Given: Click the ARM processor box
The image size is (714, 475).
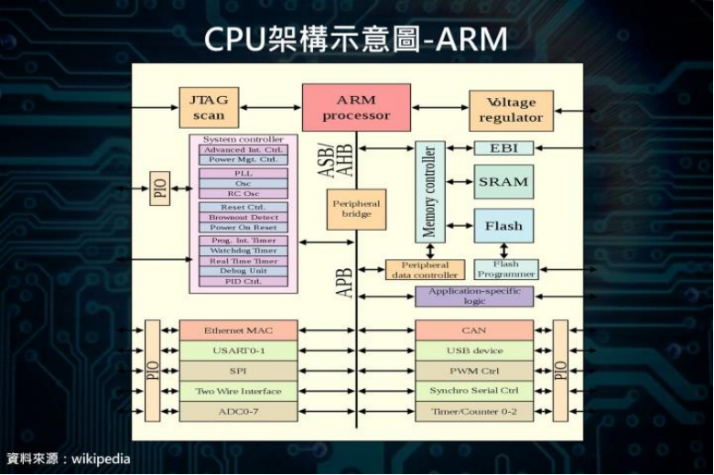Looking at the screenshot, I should (355, 107).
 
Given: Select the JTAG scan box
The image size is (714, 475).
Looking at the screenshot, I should (208, 107).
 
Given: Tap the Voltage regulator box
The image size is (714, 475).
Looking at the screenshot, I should (511, 111).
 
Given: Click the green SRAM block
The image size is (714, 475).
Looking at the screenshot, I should (503, 181).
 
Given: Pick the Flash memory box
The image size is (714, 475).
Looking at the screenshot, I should (503, 226).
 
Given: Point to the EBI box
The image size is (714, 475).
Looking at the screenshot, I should (503, 147).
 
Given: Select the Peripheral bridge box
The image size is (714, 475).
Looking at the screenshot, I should (355, 209).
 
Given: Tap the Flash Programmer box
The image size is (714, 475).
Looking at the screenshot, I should (505, 269).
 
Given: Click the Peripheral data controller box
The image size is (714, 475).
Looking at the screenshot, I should (424, 270).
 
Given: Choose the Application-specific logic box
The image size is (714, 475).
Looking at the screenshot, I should (473, 296).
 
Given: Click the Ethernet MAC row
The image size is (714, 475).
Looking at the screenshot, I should (238, 330).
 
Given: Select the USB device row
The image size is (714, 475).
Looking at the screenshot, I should (473, 351).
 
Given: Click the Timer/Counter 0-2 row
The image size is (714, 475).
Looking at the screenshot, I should (473, 412).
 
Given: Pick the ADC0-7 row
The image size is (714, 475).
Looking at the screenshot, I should (238, 412).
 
